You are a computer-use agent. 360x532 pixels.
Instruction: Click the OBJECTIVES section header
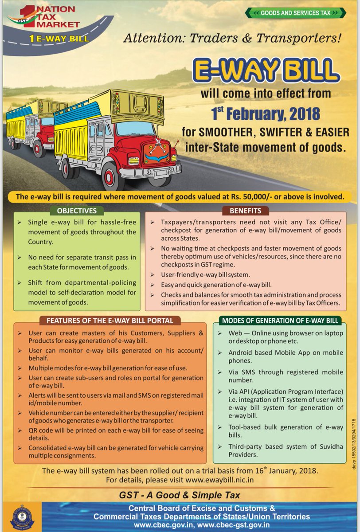pyautogui.click(x=77, y=211)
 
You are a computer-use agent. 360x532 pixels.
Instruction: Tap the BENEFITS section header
pyautogui.click(x=245, y=211)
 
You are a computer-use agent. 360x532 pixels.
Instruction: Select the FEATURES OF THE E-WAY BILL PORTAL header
pyautogui.click(x=110, y=321)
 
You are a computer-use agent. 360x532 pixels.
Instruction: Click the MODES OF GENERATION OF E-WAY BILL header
pyautogui.click(x=280, y=321)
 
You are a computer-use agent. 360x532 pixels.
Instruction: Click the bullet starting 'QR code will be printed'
pyautogui.click(x=113, y=434)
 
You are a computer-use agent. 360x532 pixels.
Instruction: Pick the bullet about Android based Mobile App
pyautogui.click(x=279, y=356)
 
